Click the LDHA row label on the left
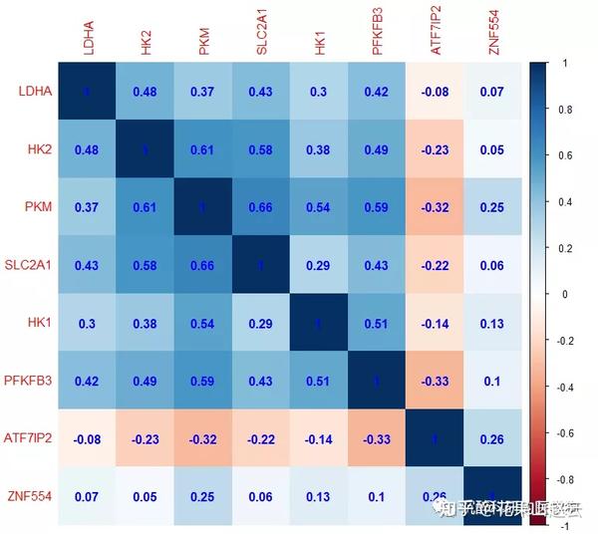(35, 92)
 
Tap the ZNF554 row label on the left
(30, 496)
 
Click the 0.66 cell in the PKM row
(261, 207)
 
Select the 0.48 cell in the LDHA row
(146, 92)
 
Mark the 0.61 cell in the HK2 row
(203, 149)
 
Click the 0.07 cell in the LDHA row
(493, 92)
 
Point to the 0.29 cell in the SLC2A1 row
(320, 264)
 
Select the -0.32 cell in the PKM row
(436, 207)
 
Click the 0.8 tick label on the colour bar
(565, 109)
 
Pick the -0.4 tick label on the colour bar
(566, 387)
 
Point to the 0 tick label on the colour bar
(564, 294)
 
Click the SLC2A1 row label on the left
(28, 264)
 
